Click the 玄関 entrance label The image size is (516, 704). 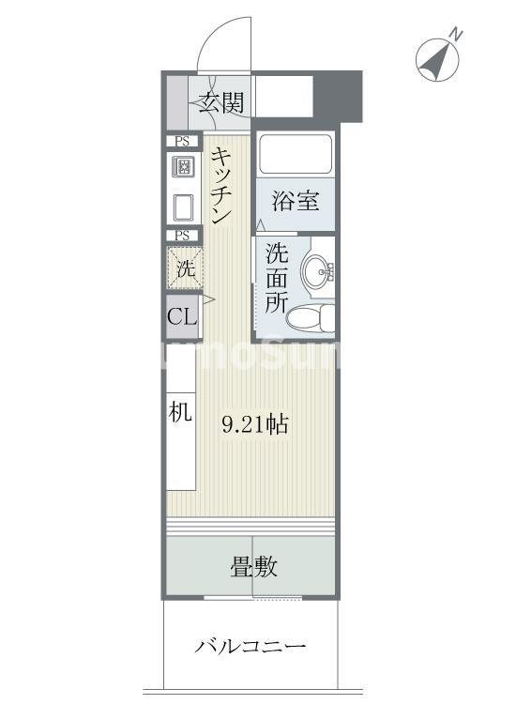(221, 102)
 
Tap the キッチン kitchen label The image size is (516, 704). (221, 186)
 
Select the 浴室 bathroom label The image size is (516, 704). (295, 200)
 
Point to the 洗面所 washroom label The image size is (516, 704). (276, 278)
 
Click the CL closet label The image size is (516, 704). (182, 316)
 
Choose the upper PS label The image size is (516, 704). (183, 141)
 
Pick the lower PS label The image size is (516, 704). (183, 236)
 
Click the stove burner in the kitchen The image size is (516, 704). (183, 168)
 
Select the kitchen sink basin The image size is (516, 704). (183, 207)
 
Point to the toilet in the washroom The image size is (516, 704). (311, 318)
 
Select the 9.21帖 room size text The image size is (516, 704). (254, 425)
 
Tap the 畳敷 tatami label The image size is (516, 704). (253, 568)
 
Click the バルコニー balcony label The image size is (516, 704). (251, 647)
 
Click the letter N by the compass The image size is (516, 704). (455, 35)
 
